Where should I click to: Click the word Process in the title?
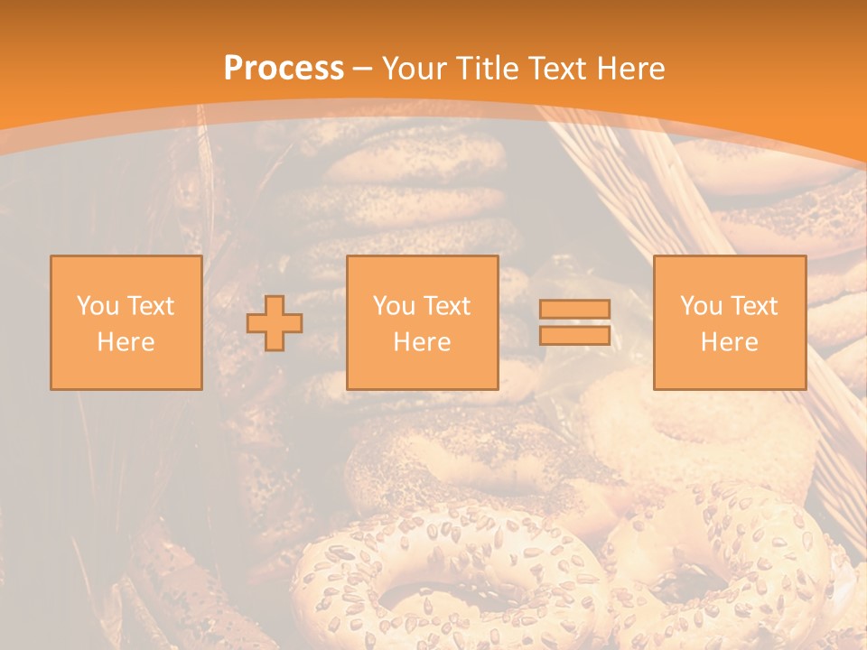(284, 68)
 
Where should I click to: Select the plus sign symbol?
(275, 323)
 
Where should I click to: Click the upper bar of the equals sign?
(574, 309)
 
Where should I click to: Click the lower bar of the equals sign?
(574, 335)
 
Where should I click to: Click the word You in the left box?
(98, 306)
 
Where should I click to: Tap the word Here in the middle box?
(423, 342)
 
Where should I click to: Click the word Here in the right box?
(730, 342)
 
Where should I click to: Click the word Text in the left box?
(150, 306)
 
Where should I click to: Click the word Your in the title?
(411, 68)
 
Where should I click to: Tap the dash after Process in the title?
(362, 69)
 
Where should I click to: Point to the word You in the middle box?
(394, 306)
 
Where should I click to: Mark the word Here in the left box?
(126, 342)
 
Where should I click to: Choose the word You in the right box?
(701, 306)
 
